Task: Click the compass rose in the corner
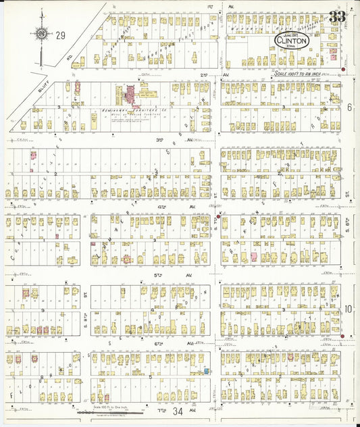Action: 42,33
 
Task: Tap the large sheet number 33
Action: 337,16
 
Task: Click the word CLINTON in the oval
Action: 292,41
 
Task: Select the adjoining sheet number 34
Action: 178,411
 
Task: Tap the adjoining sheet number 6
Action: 350,107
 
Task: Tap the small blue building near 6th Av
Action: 205,371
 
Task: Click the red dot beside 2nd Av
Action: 343,70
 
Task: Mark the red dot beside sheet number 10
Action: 342,336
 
